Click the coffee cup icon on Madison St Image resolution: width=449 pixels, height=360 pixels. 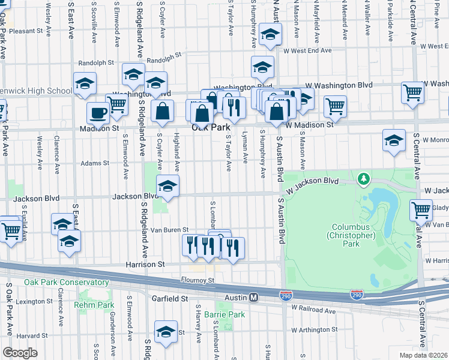coord(98,113)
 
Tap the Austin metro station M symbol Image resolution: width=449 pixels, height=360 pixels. coord(254,298)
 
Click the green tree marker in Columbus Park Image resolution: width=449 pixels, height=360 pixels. coord(363,178)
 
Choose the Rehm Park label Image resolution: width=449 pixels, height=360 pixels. coord(94,305)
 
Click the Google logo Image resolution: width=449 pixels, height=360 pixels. coord(20,353)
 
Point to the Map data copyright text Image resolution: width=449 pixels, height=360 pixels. coord(424,355)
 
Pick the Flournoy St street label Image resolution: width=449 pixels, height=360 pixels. coord(198,280)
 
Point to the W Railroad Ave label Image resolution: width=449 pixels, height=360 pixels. coord(313,311)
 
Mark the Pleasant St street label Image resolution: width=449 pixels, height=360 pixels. coord(27,31)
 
